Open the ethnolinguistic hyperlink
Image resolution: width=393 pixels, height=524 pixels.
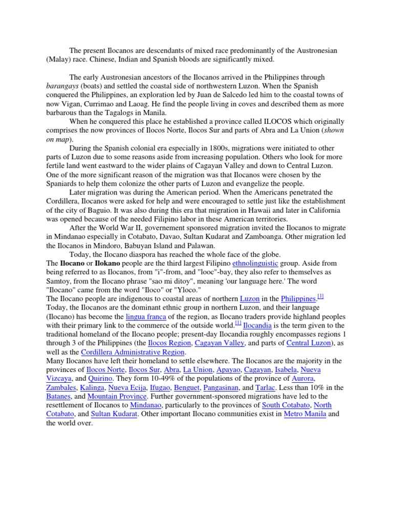[255, 263]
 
